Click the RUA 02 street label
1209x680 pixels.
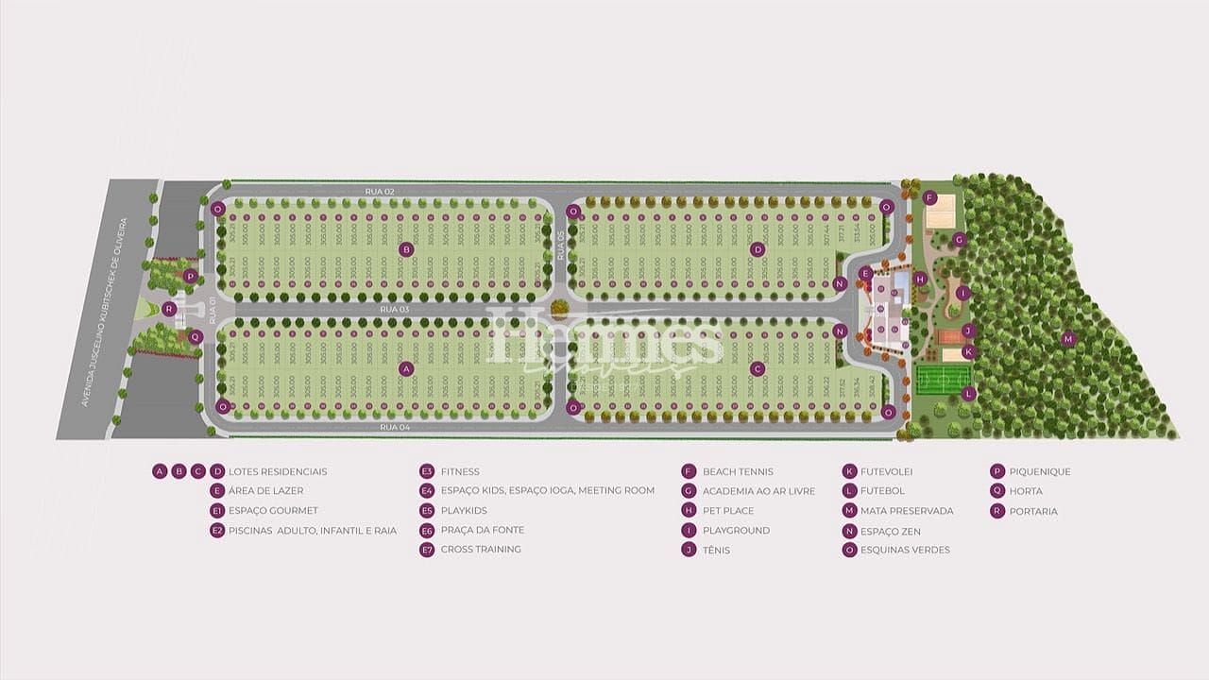[379, 192]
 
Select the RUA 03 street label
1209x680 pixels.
[393, 309]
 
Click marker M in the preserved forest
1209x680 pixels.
[1068, 339]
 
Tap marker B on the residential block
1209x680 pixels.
[406, 249]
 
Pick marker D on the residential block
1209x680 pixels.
[757, 249]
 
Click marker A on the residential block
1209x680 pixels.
[406, 368]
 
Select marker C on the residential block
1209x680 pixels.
[757, 368]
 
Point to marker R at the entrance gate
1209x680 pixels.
[169, 309]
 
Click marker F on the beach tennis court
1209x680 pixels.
[929, 197]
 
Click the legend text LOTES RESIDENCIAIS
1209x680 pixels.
[278, 471]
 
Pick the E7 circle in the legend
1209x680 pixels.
[427, 550]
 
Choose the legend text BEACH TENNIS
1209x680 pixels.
[738, 471]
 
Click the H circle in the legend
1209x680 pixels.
[690, 511]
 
